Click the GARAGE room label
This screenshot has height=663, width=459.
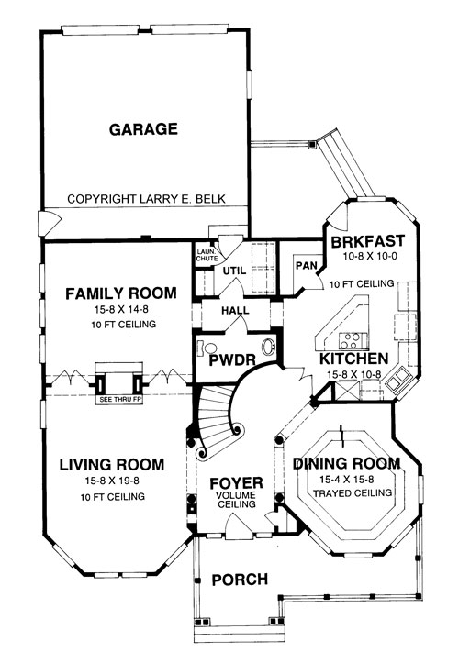[143, 129]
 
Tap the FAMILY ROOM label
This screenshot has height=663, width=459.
[121, 293]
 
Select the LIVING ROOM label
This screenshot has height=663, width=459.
[112, 464]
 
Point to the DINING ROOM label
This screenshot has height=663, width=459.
[347, 463]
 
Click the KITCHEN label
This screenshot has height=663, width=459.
[354, 359]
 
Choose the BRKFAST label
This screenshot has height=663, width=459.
[368, 241]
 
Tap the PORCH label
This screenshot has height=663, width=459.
[240, 580]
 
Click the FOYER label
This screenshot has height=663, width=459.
[236, 483]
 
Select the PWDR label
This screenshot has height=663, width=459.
[232, 360]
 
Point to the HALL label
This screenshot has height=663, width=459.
[235, 310]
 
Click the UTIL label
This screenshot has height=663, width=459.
[235, 271]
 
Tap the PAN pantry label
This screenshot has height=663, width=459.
[307, 266]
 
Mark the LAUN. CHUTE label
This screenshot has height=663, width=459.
[207, 256]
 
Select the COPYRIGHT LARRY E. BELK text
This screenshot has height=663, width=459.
[147, 199]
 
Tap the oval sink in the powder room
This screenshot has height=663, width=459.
[269, 348]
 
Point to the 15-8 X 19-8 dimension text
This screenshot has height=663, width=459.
[112, 481]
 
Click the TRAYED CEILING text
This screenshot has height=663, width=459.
[353, 493]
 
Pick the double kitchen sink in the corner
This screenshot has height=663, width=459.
[398, 381]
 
